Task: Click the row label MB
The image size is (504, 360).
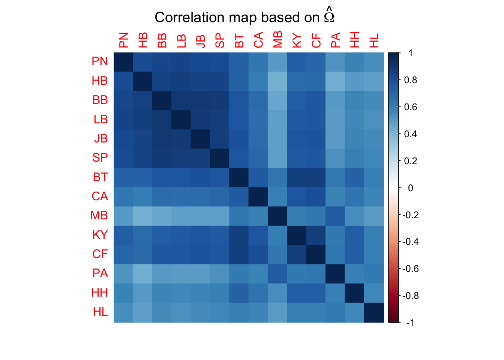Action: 99,216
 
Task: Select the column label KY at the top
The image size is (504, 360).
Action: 297,40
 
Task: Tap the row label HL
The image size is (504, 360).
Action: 100,312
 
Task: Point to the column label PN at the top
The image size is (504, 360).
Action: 123,40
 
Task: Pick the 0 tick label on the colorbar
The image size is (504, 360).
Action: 410,188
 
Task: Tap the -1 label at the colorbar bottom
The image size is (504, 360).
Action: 410,322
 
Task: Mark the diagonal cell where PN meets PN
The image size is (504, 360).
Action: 123,62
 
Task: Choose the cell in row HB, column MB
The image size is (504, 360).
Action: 277,81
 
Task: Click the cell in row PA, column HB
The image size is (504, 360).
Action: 142,274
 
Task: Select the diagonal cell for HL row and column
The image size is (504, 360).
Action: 374,313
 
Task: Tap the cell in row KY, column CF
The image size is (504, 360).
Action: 316,235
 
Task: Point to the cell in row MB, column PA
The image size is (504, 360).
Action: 335,216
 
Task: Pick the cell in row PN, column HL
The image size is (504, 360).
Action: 374,62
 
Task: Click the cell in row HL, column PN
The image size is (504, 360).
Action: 123,313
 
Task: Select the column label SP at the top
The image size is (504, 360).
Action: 220,40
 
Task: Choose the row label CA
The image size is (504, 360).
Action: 100,196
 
